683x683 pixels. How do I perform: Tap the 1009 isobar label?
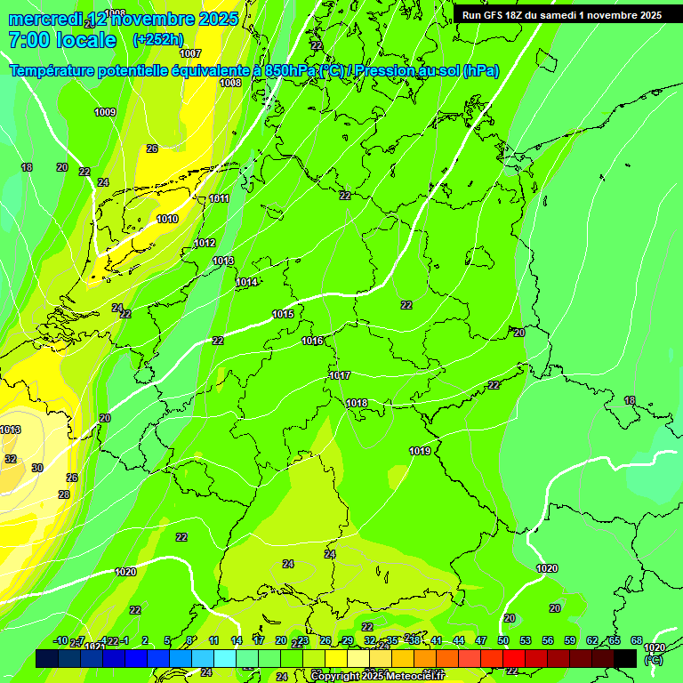105,112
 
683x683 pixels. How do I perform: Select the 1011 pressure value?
219,198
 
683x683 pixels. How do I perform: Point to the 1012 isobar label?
205,243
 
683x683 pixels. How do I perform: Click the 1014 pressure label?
246,282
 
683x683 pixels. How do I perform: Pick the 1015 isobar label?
283,314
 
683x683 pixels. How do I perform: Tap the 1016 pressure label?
312,341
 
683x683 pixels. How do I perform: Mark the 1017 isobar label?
340,375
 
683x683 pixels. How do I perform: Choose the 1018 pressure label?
357,403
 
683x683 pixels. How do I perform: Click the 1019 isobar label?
420,451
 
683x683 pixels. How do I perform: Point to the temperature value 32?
11,459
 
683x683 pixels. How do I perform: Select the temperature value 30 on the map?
37,468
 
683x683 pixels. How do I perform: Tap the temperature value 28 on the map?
64,494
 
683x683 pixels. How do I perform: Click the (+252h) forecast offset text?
157,39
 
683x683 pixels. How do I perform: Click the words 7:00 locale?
62,40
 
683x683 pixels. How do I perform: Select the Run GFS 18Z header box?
561,15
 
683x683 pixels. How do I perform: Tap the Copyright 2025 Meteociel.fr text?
378,677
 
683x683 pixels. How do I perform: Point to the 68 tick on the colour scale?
637,640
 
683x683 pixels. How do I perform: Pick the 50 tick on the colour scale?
503,640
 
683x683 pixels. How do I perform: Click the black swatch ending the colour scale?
625,658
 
